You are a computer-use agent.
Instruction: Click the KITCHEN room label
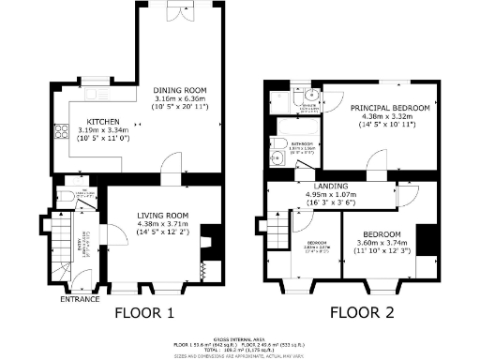click(x=101, y=122)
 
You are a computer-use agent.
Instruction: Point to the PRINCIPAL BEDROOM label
click(x=390, y=109)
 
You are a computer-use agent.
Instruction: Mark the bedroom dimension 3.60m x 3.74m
click(x=383, y=241)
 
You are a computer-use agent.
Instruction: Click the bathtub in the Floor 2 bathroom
click(x=279, y=148)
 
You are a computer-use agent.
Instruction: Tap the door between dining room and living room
click(x=169, y=169)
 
